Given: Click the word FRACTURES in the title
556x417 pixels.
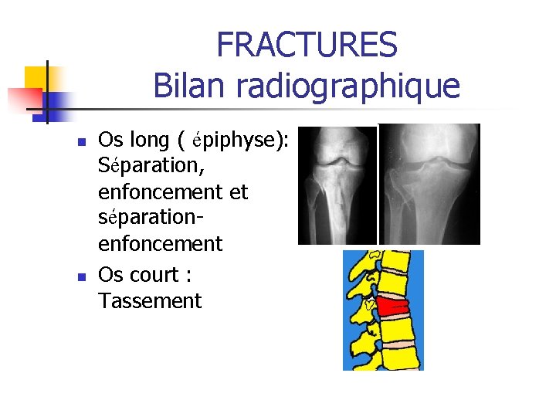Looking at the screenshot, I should (x=307, y=45).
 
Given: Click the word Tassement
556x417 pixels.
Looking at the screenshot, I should (x=150, y=300).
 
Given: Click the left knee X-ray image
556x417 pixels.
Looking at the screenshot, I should (x=337, y=185).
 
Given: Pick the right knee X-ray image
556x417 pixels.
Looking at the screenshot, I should (x=429, y=185).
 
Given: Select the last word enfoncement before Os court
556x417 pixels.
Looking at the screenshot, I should (x=160, y=244).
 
